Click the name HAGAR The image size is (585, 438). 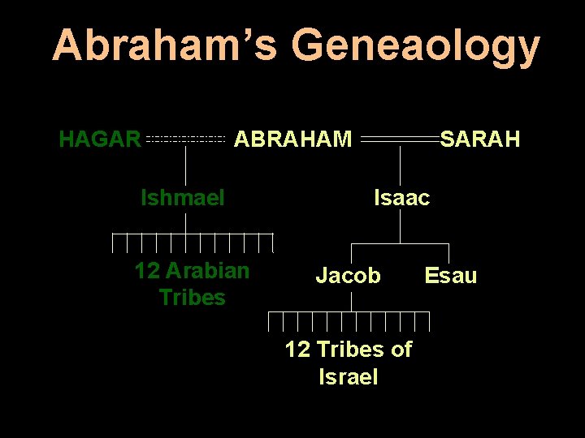coord(100,140)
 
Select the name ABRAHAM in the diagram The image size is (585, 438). coord(293,140)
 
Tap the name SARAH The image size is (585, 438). coord(479,140)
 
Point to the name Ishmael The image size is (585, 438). coord(183,197)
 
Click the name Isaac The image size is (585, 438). coord(401,197)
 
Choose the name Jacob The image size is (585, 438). coord(348,276)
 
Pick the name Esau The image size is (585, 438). coord(451,276)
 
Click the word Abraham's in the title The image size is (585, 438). coord(166,45)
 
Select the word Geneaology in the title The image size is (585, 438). coord(415,45)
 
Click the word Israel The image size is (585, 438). coord(349,377)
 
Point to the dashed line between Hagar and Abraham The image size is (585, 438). coord(186,140)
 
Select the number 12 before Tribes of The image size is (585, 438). coord(297,350)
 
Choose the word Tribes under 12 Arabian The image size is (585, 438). coord(193,298)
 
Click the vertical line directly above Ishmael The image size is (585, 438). coord(187,168)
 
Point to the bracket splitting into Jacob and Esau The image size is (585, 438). coord(401,243)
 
